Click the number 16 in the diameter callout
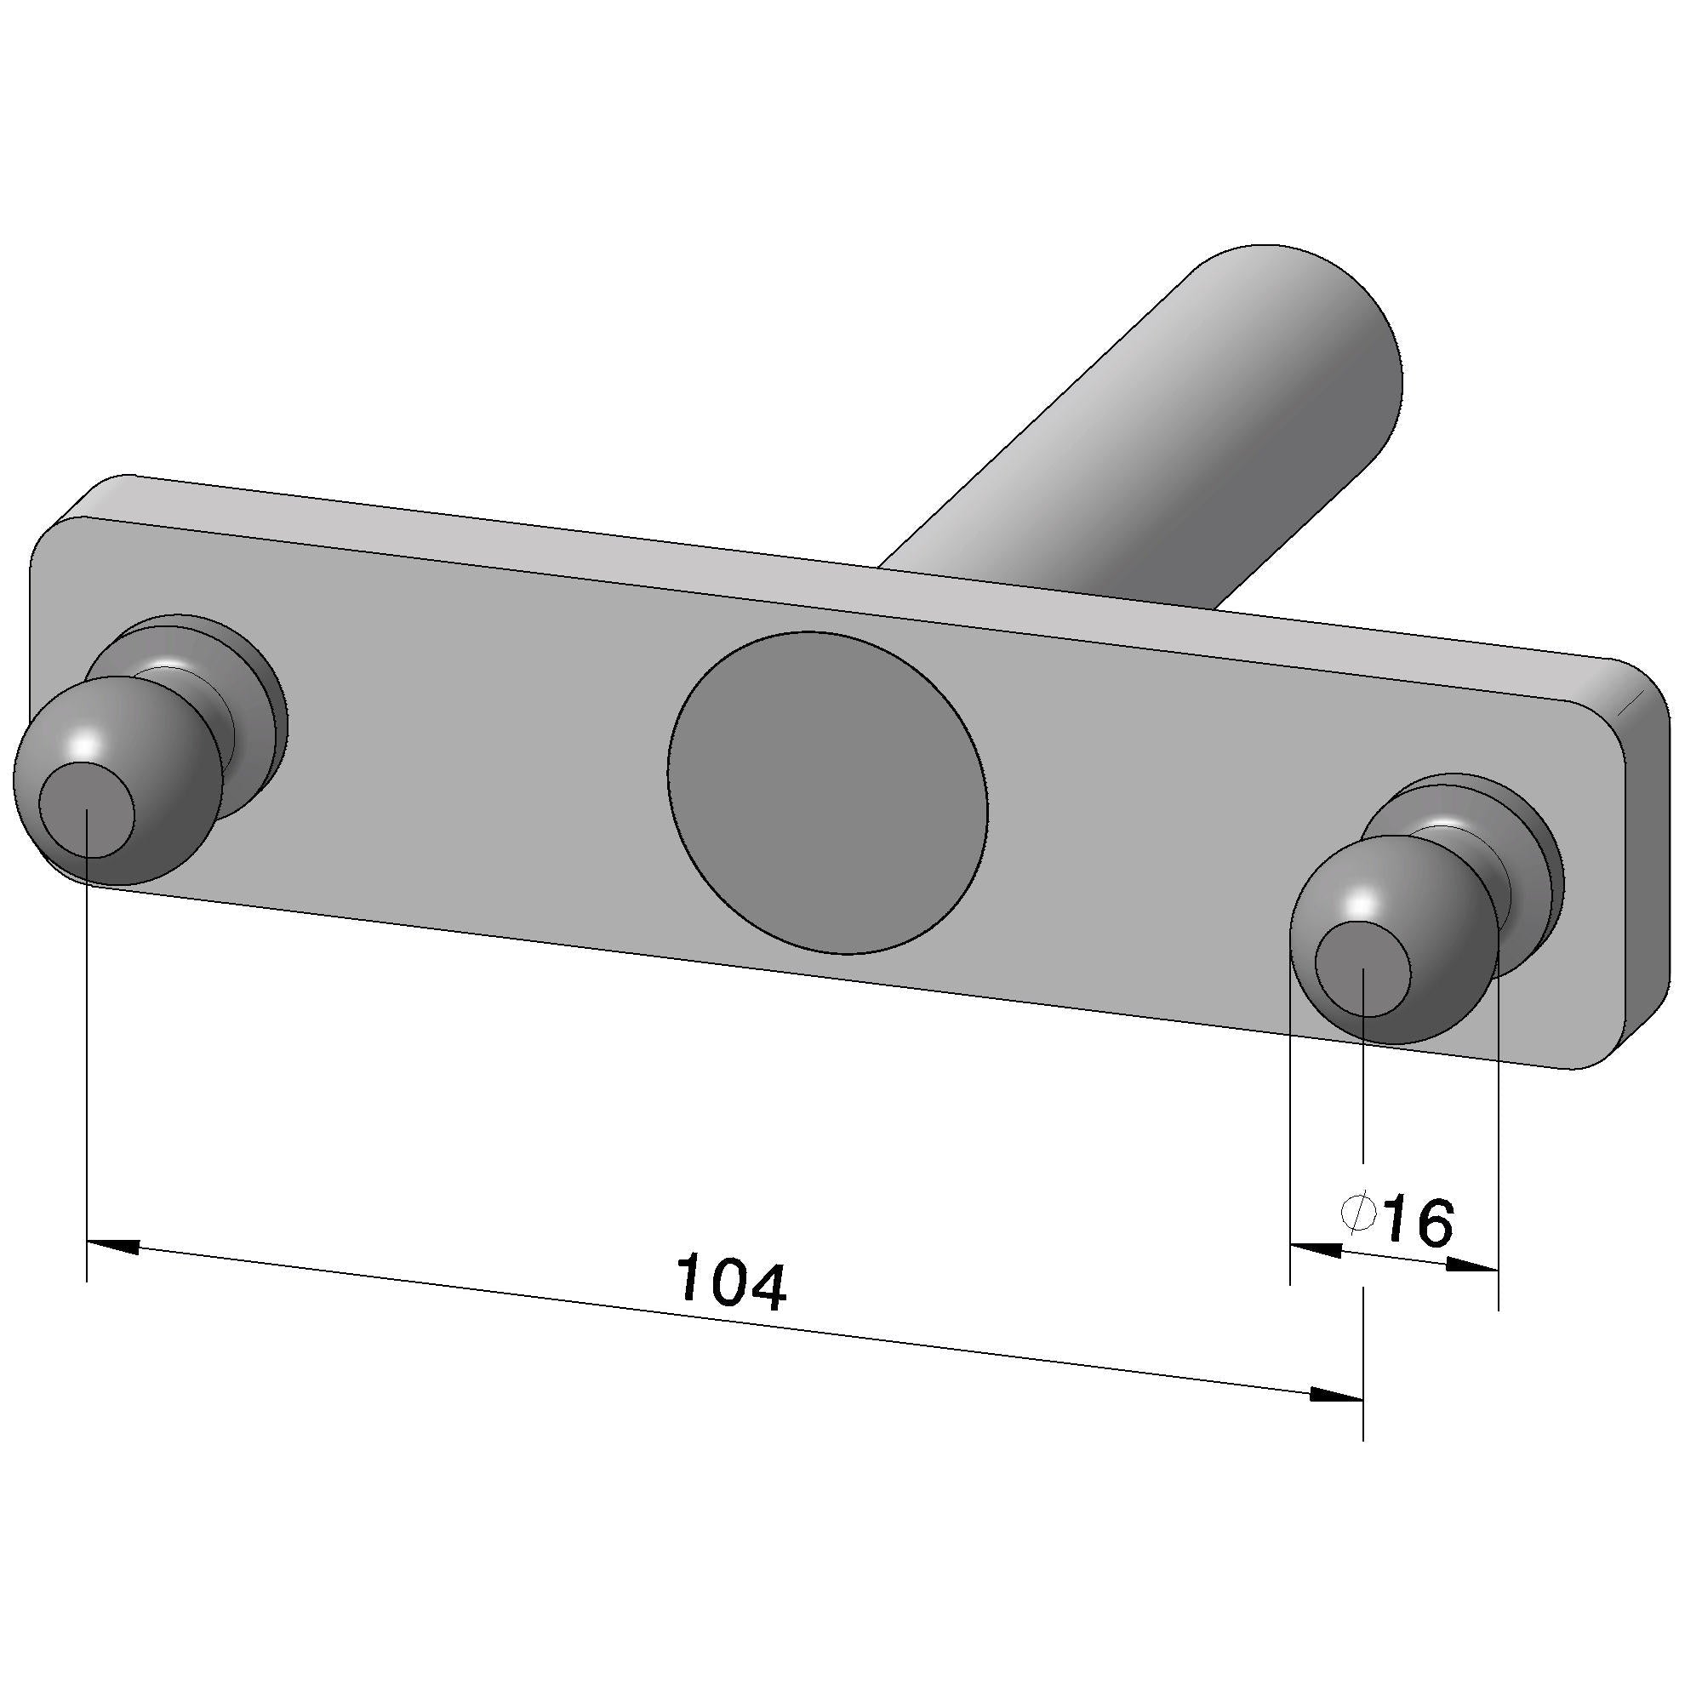(x=1417, y=1220)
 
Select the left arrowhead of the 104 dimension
(x=113, y=1246)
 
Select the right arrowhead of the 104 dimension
(x=1337, y=1395)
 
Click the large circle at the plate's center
(x=827, y=792)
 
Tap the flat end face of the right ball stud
(x=1362, y=968)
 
